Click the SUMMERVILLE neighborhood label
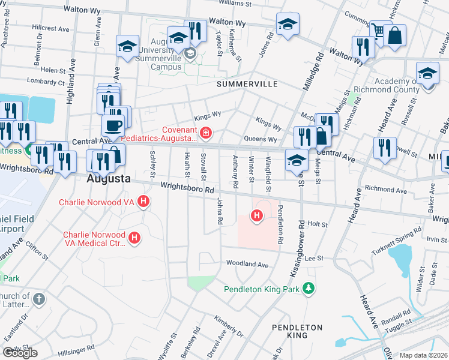(247, 84)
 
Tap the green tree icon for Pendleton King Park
(309, 289)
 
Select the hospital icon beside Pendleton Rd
(257, 215)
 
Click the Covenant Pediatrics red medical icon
(206, 132)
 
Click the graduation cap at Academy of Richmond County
(427, 73)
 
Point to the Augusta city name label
(109, 179)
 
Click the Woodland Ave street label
(247, 264)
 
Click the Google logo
(20, 352)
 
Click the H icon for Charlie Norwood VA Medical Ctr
(134, 238)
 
